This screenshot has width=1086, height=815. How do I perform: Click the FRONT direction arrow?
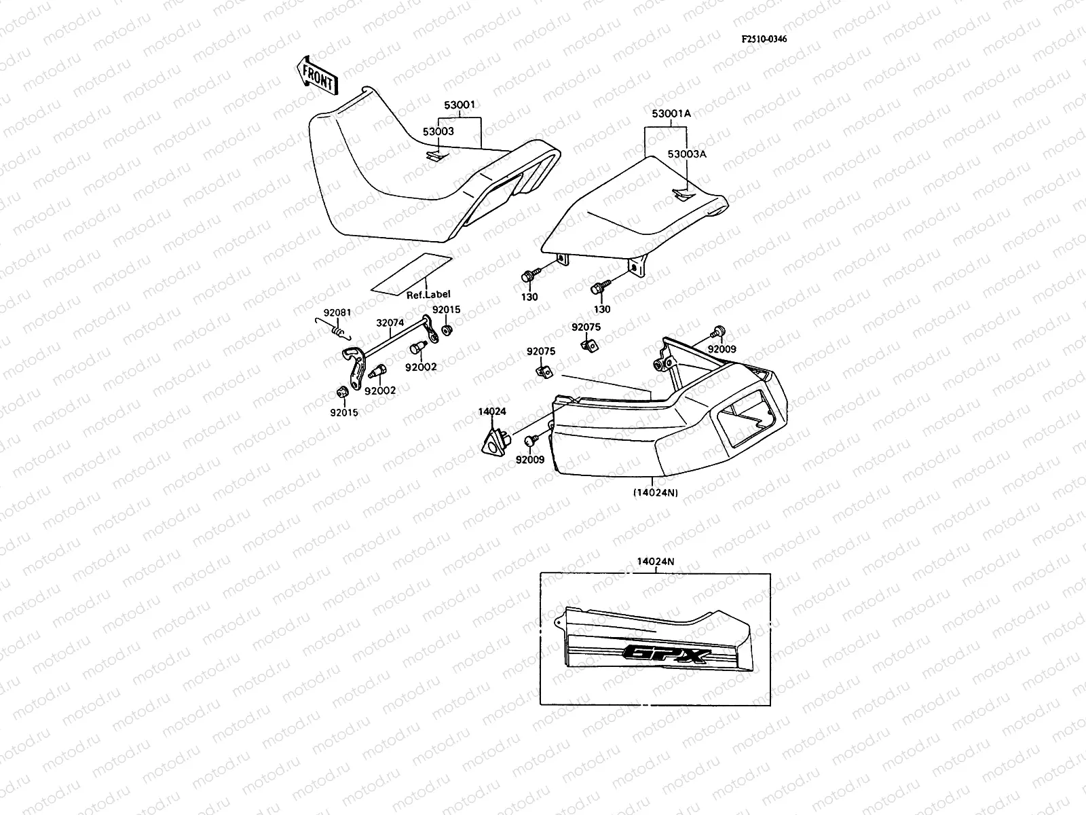pos(317,74)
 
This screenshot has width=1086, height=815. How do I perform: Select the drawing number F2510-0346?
pos(764,39)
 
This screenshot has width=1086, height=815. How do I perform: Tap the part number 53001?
pos(460,105)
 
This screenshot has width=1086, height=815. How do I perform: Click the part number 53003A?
pos(687,154)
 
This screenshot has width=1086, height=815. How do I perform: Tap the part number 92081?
pos(337,312)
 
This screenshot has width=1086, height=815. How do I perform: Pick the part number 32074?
pos(390,324)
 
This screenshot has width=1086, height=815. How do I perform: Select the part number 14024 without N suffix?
pos(493,411)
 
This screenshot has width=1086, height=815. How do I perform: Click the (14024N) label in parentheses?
pos(655,492)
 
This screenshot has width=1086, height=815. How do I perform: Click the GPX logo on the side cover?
pos(669,654)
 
